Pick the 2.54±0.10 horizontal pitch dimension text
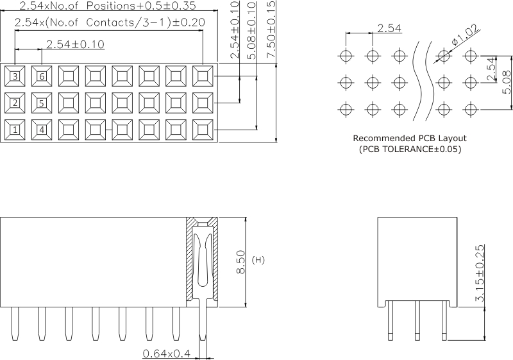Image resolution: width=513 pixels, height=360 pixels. pos(76,44)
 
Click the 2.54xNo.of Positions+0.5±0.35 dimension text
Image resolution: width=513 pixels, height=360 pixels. pos(108,6)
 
